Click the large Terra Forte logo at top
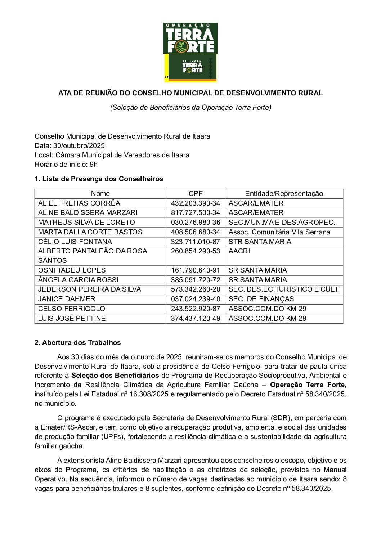coord(190,39)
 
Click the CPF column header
coord(196,194)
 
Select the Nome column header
coord(100,194)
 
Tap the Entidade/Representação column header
coord(284,194)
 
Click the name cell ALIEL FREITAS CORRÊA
coord(79,203)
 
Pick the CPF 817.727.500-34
coord(196,213)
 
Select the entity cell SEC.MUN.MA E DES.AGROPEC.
coord(282,223)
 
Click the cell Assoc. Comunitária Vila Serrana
coord(279,232)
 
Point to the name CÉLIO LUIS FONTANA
coord(75,242)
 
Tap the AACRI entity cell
coord(239,251)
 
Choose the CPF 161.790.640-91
coord(196,270)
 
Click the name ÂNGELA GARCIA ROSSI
coord(78,280)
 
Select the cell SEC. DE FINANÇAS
coord(261,299)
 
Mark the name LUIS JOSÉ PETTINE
coord(72,319)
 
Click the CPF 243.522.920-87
coord(196,309)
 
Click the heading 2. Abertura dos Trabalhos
coord(78,343)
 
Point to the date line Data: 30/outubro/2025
coord(70,146)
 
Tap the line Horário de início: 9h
coord(66,165)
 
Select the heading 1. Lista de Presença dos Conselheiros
coord(99,179)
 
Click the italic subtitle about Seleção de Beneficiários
coord(190,108)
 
